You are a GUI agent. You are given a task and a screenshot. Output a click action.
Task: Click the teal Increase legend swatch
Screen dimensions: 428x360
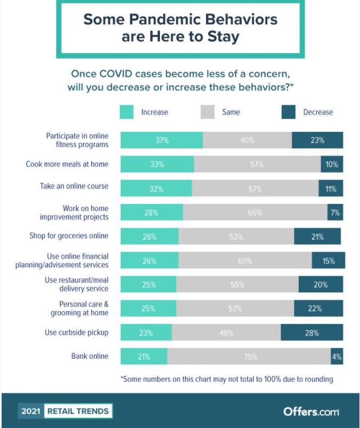pyautogui.click(x=127, y=112)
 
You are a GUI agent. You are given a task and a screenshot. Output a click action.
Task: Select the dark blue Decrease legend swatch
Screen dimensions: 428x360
pyautogui.click(x=288, y=112)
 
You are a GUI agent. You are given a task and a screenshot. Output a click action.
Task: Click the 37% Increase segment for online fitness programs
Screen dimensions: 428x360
pyautogui.click(x=162, y=140)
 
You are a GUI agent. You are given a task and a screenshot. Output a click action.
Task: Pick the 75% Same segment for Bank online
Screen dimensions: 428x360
pyautogui.click(x=249, y=356)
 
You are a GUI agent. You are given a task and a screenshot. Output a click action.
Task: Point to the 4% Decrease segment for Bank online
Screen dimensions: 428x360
pyautogui.click(x=337, y=356)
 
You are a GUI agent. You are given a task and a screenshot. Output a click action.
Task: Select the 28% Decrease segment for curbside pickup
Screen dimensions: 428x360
pyautogui.click(x=312, y=333)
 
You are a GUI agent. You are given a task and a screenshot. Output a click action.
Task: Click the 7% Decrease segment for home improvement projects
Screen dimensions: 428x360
pyautogui.click(x=335, y=213)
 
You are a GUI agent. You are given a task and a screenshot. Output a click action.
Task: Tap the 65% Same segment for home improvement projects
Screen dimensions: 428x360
pyautogui.click(x=255, y=213)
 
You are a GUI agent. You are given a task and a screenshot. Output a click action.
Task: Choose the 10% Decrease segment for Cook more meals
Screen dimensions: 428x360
pyautogui.click(x=332, y=164)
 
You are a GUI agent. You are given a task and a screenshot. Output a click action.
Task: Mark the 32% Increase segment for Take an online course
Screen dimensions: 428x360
pyautogui.click(x=156, y=189)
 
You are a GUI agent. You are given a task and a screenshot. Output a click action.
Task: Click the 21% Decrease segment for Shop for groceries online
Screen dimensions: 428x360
pyautogui.click(x=317, y=237)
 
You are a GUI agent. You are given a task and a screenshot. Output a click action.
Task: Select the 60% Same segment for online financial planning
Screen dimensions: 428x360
pyautogui.click(x=245, y=260)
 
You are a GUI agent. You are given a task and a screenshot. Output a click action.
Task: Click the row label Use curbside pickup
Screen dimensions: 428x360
pyautogui.click(x=76, y=332)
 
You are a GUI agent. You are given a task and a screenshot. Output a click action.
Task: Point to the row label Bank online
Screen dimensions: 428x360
pyautogui.click(x=90, y=356)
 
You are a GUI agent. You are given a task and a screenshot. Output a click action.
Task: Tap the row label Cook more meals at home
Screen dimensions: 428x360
pyautogui.click(x=67, y=164)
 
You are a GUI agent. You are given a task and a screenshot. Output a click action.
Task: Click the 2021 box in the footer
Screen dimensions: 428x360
pyautogui.click(x=31, y=411)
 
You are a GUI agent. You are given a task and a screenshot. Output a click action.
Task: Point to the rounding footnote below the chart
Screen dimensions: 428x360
pyautogui.click(x=227, y=379)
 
